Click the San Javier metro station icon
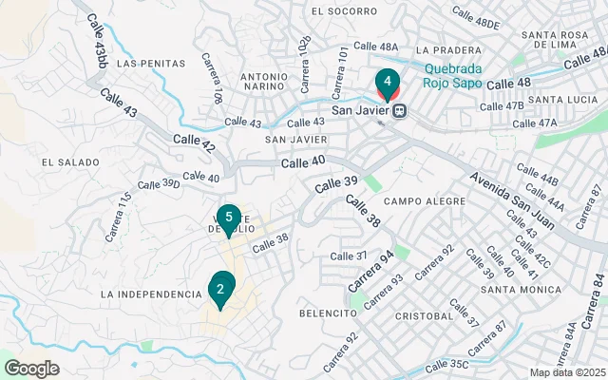(x=401, y=110)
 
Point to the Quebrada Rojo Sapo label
(x=453, y=75)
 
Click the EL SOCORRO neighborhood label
(x=344, y=11)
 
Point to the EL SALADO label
(x=70, y=162)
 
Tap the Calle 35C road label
(x=446, y=364)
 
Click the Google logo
(x=31, y=369)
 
